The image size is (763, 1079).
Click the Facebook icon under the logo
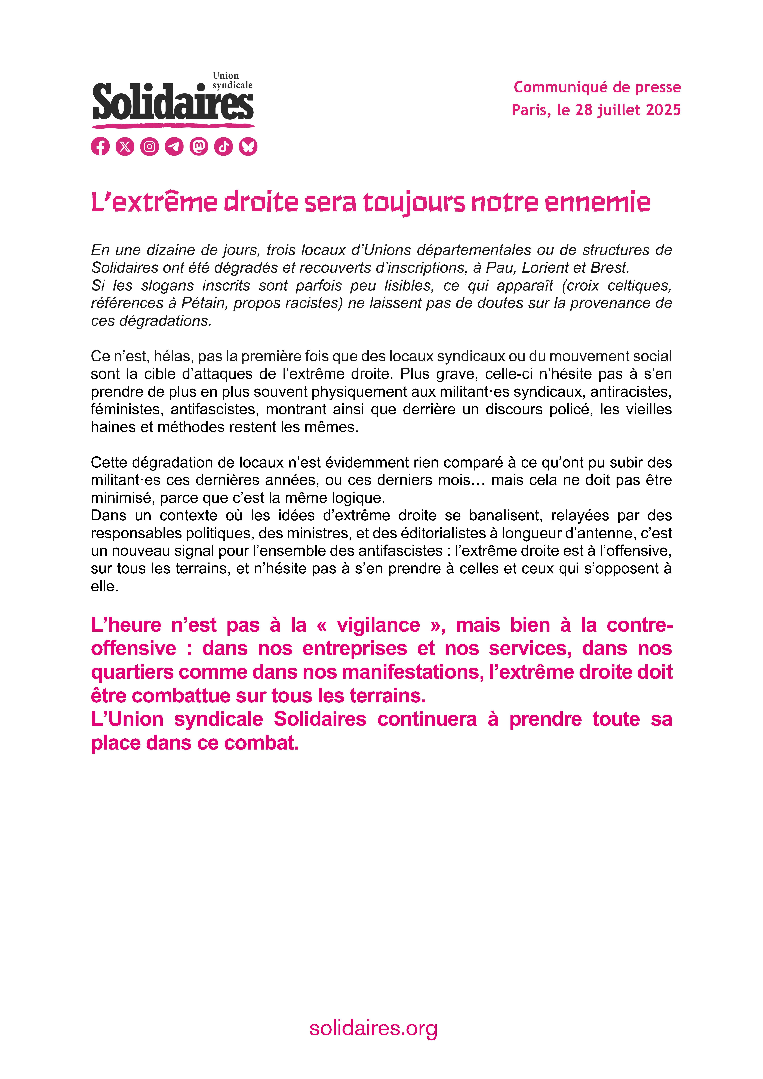click(x=100, y=147)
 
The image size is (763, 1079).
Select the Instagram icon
click(x=149, y=147)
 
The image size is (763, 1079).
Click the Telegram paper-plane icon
click(x=174, y=147)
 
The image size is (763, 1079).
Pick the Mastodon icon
click(x=199, y=147)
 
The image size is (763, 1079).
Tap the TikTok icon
click(x=224, y=147)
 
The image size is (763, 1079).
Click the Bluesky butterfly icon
click(x=248, y=147)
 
